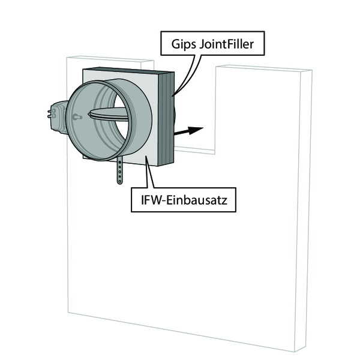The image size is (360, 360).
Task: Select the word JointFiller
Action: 227,44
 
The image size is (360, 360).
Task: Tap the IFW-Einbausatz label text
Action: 184,200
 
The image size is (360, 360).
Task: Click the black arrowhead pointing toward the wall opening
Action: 195,130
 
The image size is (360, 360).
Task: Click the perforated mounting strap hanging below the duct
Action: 119,170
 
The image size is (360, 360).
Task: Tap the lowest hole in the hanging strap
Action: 119,182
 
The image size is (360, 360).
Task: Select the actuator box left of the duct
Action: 59,117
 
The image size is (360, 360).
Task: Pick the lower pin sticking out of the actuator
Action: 52,116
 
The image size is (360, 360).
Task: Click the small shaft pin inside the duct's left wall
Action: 77,117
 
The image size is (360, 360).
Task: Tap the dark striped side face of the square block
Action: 166,118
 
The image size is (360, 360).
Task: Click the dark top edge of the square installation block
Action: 128,70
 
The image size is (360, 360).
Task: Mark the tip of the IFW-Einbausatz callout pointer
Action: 146,156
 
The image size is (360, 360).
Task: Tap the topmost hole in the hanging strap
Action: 119,163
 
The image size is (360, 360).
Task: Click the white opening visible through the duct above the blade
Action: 119,101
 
